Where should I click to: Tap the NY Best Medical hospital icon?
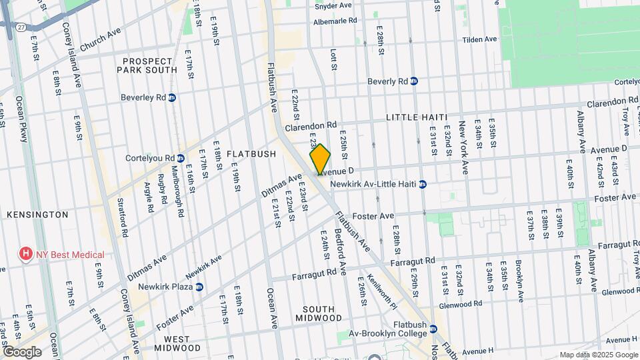click(x=25, y=254)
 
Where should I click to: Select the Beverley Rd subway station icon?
click(x=172, y=97)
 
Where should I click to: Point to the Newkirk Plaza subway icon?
click(x=199, y=287)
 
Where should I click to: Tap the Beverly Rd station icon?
click(x=413, y=81)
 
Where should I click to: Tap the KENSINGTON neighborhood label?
click(x=37, y=215)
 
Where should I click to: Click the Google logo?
click(x=22, y=351)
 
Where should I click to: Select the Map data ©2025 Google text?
click(x=598, y=355)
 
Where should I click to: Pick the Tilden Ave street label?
click(x=481, y=39)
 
